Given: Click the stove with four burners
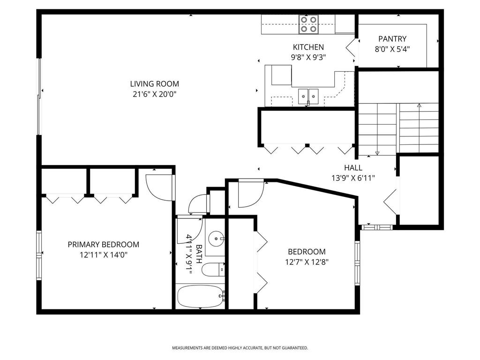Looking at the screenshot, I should (x=308, y=24).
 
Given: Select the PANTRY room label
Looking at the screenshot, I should (x=392, y=39).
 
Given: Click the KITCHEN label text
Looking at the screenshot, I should (x=308, y=47).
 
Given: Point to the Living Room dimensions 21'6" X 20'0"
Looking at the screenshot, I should (x=154, y=94).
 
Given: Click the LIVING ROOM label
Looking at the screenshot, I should (x=154, y=84).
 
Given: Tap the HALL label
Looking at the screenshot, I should (x=353, y=167).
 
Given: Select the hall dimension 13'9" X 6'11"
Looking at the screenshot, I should (x=353, y=178).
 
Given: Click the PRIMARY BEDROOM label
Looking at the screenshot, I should (x=103, y=244).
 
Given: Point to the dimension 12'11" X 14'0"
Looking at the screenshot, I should (x=103, y=255).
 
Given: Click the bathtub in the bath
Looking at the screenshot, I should (x=200, y=296).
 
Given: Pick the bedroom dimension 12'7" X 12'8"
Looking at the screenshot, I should (x=307, y=262).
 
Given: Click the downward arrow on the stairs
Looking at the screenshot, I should (x=377, y=153).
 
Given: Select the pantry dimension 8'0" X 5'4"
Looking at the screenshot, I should (x=392, y=49).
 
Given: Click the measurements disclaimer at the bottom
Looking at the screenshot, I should (x=240, y=348).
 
